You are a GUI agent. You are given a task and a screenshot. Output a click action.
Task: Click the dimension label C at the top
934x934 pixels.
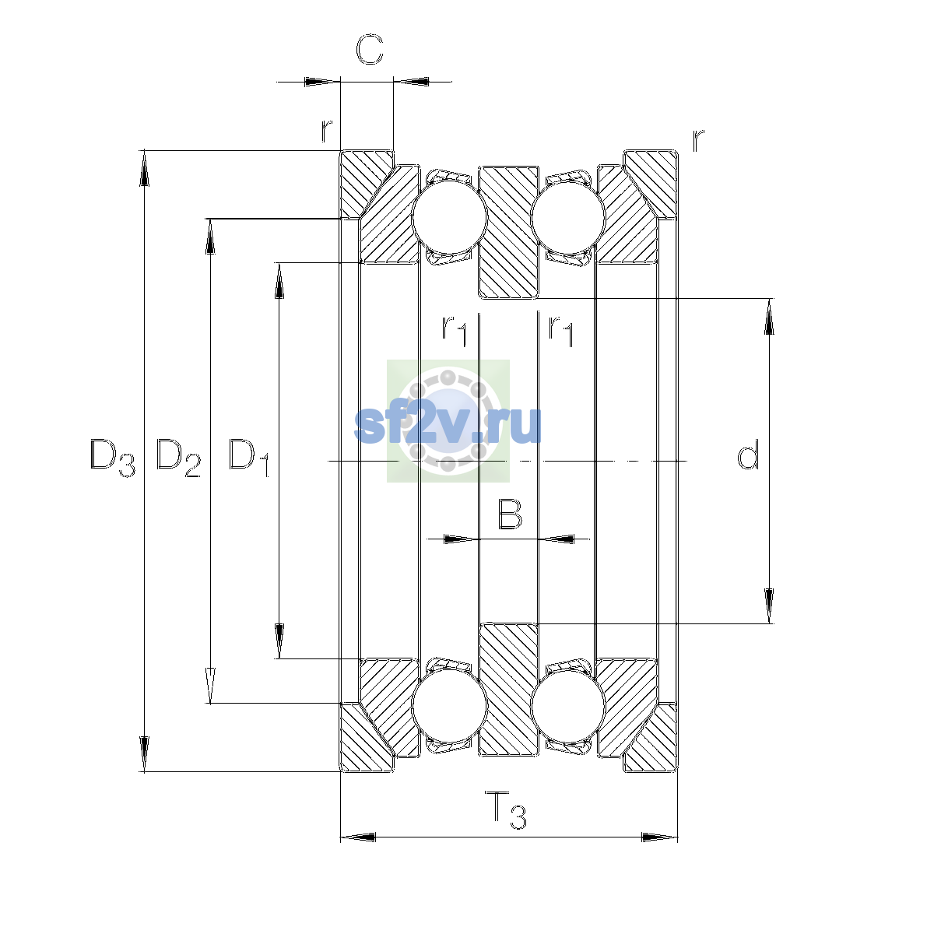click(370, 49)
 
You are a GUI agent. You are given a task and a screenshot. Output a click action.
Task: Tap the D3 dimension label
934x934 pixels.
click(112, 458)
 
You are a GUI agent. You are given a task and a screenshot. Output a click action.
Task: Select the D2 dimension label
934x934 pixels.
click(178, 458)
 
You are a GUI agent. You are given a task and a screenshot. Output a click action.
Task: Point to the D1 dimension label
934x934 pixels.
click(248, 458)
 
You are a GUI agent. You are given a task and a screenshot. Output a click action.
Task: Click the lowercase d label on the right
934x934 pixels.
click(747, 454)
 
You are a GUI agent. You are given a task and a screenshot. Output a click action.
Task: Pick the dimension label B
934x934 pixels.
click(510, 514)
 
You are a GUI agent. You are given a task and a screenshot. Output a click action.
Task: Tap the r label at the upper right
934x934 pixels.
click(698, 141)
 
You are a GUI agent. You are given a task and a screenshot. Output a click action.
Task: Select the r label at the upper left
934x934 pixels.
click(327, 130)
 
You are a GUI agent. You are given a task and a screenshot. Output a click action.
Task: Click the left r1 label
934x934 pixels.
click(454, 331)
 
